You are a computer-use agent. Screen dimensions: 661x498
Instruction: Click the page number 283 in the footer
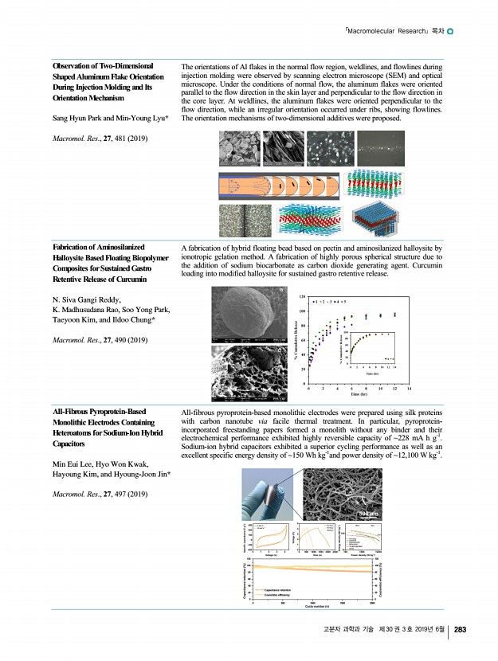click(x=460, y=631)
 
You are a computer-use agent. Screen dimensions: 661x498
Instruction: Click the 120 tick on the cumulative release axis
click(x=302, y=295)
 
